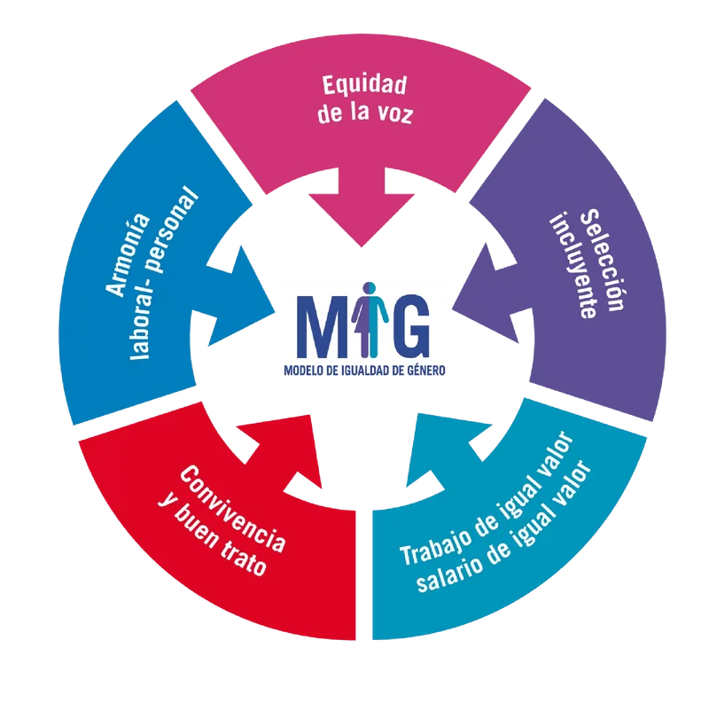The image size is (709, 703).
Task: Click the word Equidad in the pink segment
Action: click(x=364, y=85)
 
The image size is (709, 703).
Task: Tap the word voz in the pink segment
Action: click(x=395, y=114)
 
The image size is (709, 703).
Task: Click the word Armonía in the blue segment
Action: click(x=128, y=255)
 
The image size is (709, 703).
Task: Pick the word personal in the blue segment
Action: click(x=175, y=230)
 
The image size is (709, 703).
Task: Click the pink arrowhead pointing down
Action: click(x=362, y=221)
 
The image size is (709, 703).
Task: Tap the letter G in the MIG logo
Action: click(x=406, y=326)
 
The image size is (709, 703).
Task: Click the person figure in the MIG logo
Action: click(x=370, y=319)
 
